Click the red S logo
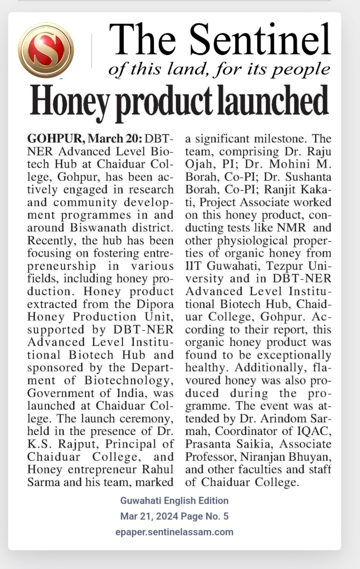click(x=46, y=50)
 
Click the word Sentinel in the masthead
click(x=260, y=40)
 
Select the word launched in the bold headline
click(x=273, y=100)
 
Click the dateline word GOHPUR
click(x=54, y=139)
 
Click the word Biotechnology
click(x=129, y=380)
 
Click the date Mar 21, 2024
click(x=148, y=516)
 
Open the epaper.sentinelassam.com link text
click(x=174, y=532)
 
